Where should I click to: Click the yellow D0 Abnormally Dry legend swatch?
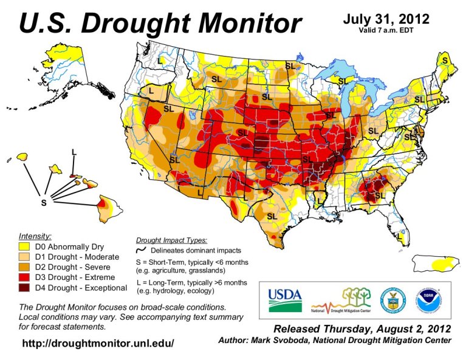pos(26,247)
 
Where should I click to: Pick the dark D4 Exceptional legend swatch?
pos(26,287)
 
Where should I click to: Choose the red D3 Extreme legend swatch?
pos(26,277)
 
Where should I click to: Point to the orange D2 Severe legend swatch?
pos(26,267)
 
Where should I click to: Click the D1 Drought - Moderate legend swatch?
pos(26,257)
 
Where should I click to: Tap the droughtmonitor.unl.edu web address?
pos(98,344)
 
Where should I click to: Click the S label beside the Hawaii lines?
pos(43,203)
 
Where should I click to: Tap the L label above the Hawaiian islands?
pos(74,151)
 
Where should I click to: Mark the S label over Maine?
pos(445,61)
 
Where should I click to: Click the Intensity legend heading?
pos(35,236)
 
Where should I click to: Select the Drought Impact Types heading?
pos(171,240)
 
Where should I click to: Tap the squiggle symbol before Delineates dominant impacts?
pos(140,250)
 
